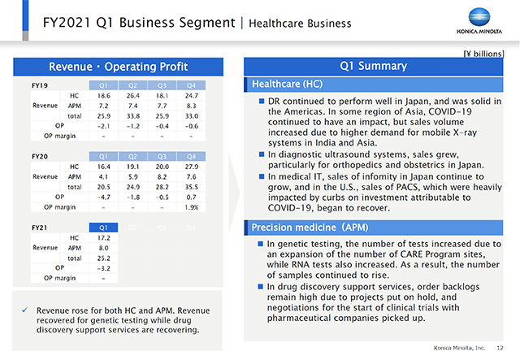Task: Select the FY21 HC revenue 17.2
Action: point(103,237)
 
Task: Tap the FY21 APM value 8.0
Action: point(103,248)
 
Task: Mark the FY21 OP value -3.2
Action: point(103,267)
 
